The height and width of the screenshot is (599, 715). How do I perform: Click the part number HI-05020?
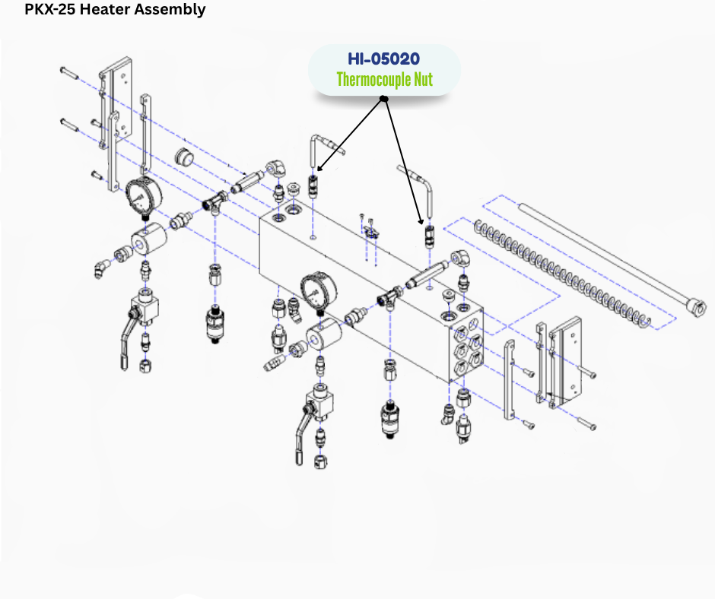[x=384, y=59]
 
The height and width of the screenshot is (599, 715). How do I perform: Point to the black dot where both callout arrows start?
[x=384, y=100]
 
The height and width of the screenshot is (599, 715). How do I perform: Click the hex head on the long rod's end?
[x=693, y=306]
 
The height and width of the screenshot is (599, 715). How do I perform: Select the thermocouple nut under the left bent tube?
[x=313, y=184]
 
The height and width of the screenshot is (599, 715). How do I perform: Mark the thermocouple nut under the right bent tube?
[x=428, y=235]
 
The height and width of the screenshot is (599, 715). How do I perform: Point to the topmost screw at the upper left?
[x=69, y=71]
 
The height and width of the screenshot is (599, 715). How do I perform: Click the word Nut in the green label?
[x=423, y=79]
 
